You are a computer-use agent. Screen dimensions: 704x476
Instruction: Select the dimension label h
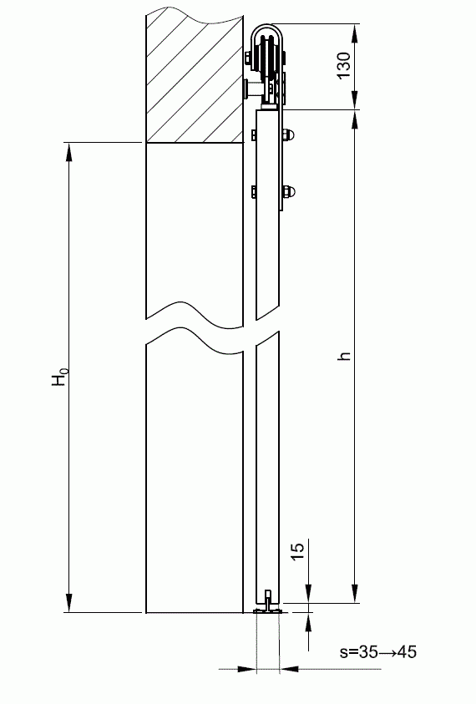pyautogui.click(x=343, y=356)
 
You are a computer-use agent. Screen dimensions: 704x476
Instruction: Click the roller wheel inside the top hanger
pyautogui.click(x=268, y=62)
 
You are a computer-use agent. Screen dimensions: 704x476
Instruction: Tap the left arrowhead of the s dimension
pyautogui.click(x=248, y=668)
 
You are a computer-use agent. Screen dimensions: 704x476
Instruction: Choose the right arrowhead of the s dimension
pyautogui.click(x=288, y=668)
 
